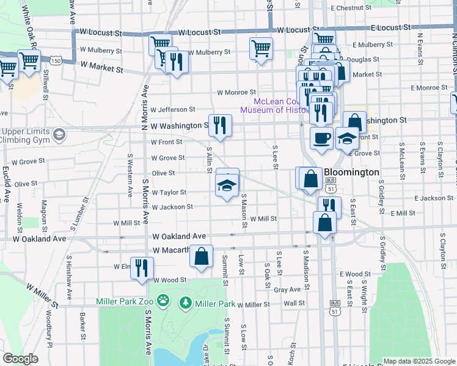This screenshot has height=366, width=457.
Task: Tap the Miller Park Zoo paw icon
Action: (163, 301)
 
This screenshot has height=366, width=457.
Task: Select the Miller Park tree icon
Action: (185, 302)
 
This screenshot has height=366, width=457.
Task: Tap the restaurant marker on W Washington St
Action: (221, 126)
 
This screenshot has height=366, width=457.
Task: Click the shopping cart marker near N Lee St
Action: (261, 48)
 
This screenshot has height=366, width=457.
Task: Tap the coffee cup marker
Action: (321, 137)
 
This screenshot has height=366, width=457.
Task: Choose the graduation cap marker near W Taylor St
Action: (227, 185)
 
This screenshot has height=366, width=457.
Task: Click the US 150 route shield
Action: (56, 61)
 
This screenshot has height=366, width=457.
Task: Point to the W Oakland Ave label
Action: (181, 236)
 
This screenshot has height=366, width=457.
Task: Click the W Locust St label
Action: (199, 32)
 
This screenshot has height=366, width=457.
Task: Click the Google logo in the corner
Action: (20, 359)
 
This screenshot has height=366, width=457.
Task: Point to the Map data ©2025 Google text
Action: (419, 361)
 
